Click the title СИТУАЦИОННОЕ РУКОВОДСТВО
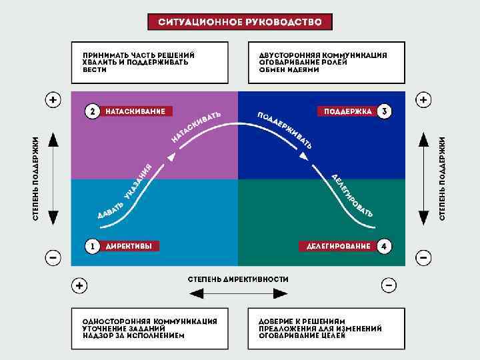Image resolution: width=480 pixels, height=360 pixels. (239, 22)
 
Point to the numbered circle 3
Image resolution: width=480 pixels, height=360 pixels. (383, 111)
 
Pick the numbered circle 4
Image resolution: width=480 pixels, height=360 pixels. (383, 246)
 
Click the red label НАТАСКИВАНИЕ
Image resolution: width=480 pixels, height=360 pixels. (135, 111)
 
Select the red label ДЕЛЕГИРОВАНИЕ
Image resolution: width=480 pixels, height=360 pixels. (338, 246)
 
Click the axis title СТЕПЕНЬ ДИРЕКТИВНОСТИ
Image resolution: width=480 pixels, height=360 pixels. (237, 279)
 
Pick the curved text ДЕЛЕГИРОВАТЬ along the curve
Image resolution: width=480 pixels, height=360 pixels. (351, 195)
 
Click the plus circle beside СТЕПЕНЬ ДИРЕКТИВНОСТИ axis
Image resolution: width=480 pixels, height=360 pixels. (79, 286)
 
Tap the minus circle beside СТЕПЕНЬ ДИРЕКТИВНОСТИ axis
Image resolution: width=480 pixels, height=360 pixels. (389, 286)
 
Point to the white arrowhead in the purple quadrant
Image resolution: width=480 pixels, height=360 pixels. (173, 157)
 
